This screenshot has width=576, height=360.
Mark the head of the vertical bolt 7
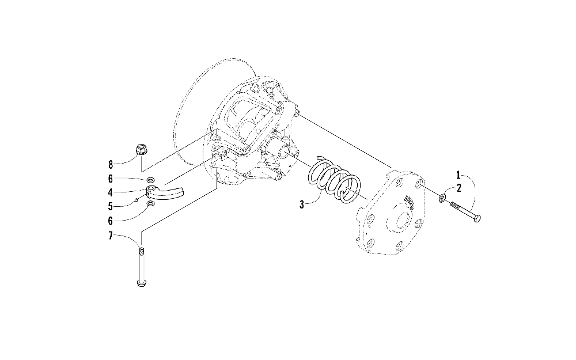point(141,282)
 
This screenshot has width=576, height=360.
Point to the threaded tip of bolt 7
point(141,250)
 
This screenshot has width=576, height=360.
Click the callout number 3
point(303,204)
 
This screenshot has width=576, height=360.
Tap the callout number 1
point(458,173)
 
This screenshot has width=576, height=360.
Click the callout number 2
point(458,187)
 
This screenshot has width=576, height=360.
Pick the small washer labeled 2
point(442,198)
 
